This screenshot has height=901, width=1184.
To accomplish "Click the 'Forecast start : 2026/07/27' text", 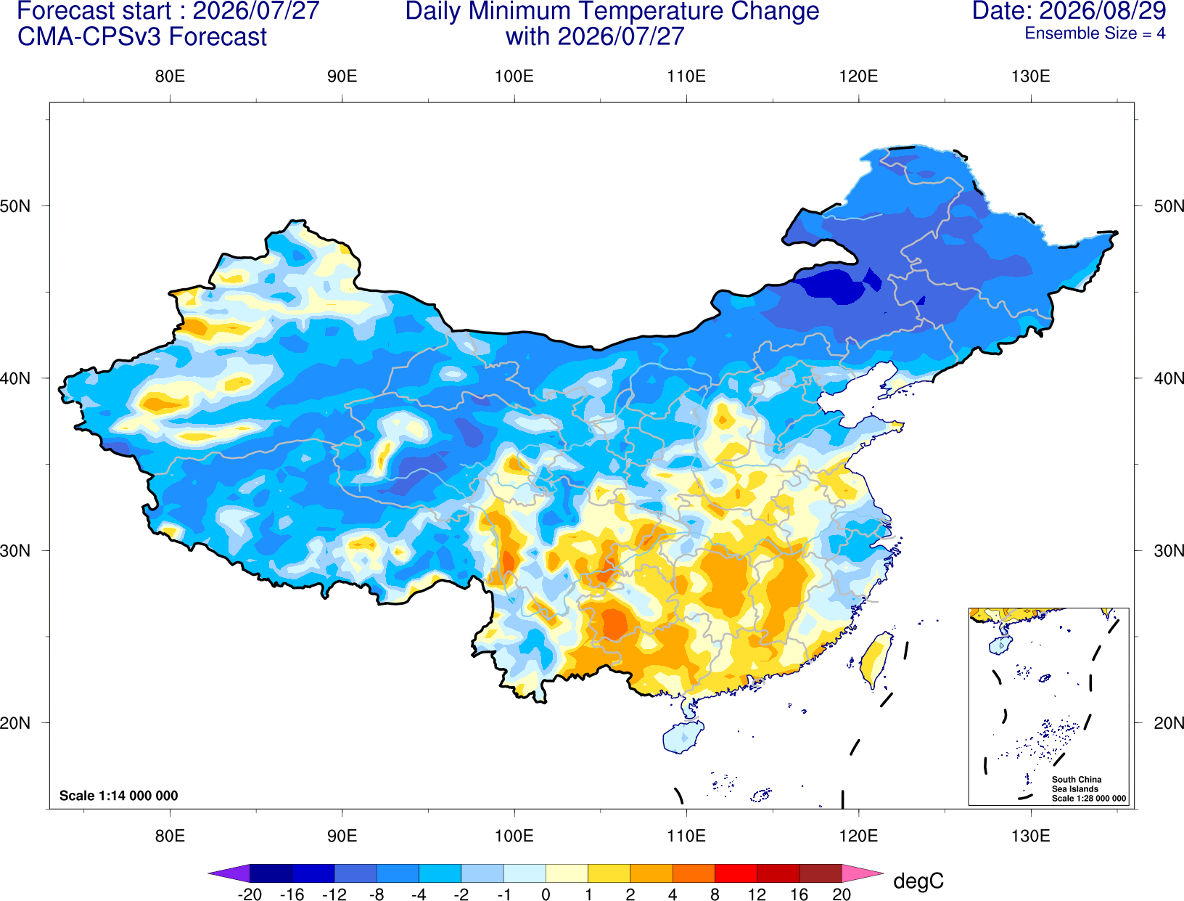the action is [x=168, y=11].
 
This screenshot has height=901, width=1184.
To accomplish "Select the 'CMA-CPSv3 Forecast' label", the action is [x=142, y=37].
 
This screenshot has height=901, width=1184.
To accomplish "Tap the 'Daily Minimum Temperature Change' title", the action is [x=612, y=12].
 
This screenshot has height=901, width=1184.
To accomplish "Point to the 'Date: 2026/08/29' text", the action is [x=1069, y=11].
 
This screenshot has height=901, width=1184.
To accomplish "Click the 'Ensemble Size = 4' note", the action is [x=1095, y=33].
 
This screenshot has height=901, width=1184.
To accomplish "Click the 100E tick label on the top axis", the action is [x=514, y=76].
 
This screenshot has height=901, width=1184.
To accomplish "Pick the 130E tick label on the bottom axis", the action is [x=1031, y=836].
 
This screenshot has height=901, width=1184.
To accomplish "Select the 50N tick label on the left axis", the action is [x=15, y=206].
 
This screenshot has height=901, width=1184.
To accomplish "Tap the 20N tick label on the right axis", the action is [x=1168, y=723].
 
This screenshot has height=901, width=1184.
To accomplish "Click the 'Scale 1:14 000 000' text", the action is [x=119, y=795].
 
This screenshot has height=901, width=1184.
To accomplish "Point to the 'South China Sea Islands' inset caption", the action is [x=1076, y=784].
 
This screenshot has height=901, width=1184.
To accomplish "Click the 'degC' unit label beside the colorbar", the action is [x=918, y=881].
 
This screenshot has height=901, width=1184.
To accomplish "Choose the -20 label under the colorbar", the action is [x=250, y=894].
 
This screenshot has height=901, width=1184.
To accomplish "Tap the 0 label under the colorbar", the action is [x=546, y=894].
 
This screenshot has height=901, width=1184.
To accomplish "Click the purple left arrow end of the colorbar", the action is [x=229, y=873].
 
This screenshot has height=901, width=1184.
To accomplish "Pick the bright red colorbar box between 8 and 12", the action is [x=736, y=873].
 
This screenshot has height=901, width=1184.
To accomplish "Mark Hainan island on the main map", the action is [x=683, y=737].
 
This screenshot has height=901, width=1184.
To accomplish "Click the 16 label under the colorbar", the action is [x=799, y=894].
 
